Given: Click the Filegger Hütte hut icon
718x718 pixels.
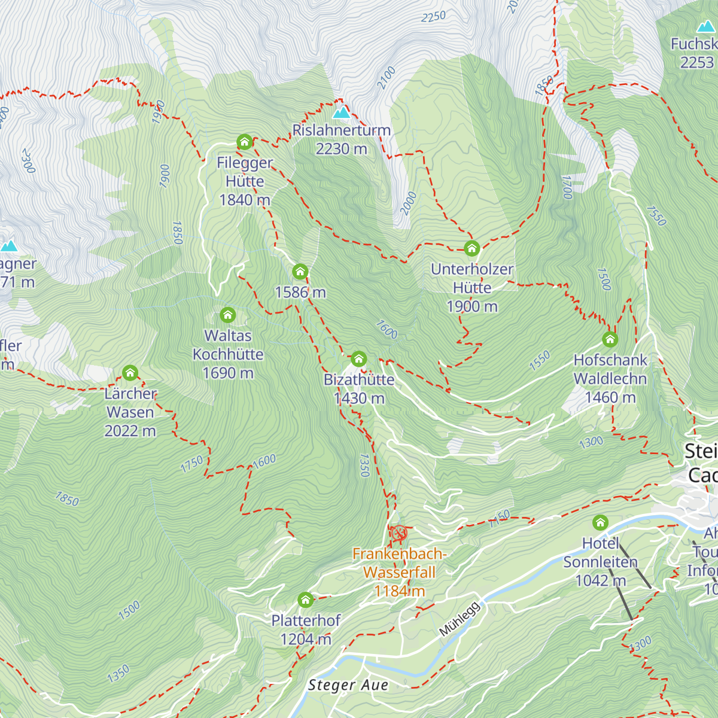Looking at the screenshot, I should tap(244, 142).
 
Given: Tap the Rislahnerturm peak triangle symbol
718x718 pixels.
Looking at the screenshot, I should tap(341, 112).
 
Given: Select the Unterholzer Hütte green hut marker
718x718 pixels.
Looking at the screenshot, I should tap(472, 248).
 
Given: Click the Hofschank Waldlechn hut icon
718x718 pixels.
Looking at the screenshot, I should tap(610, 340).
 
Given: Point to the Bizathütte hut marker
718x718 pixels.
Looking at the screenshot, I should tap(358, 359).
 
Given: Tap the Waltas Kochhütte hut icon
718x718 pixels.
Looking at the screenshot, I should tap(227, 315).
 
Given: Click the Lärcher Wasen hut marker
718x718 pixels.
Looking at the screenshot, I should tap(130, 373).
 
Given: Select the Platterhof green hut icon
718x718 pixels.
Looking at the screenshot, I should tap(305, 600).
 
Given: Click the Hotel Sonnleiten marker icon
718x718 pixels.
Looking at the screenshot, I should tap(600, 522).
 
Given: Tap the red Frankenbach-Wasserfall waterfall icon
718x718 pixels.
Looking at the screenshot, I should tap(399, 533).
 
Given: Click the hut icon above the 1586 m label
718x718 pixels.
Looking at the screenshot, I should tap(300, 272).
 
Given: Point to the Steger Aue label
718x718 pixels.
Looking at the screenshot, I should tap(348, 685).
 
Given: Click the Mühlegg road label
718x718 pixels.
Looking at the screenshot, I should tap(460, 619).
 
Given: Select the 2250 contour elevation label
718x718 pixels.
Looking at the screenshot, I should tap(433, 17).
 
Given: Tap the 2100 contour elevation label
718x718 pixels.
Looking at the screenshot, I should tap(387, 78).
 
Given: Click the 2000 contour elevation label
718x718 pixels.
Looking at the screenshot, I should tap(408, 203).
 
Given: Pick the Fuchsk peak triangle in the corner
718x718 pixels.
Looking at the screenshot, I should tap(705, 26).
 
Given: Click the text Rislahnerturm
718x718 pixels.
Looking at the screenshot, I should tap(341, 130).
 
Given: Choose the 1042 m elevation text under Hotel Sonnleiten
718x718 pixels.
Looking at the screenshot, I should tap(600, 580).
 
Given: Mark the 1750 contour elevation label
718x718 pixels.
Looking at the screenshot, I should tap(192, 465).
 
